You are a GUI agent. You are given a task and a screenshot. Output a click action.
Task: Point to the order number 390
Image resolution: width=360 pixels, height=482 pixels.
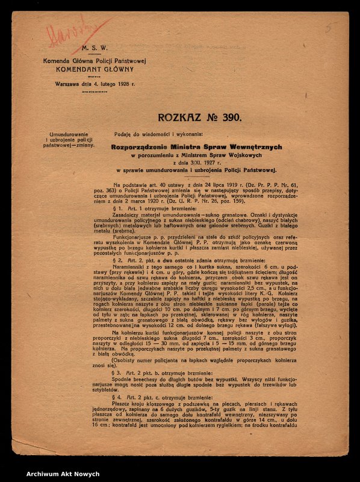229,117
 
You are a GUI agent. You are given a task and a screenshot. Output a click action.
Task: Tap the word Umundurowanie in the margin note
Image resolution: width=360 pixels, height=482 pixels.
69,133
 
